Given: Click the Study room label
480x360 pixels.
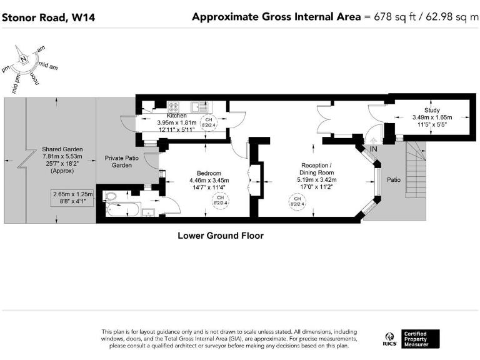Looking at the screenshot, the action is [432, 110].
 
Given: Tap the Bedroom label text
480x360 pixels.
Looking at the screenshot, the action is [209, 173].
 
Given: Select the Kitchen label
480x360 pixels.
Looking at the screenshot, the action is [177, 116].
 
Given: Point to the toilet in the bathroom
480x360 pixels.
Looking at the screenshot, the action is [110, 196].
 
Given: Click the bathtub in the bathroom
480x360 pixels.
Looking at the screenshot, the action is [123, 209].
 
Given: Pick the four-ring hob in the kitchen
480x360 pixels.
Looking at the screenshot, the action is [173, 107].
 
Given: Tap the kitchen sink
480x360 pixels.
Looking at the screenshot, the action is [199, 107].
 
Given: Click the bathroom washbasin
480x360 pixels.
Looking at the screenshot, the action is [149, 212].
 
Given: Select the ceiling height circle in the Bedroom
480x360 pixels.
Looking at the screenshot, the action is [221, 201].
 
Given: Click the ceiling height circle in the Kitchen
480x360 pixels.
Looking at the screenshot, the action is [209, 122].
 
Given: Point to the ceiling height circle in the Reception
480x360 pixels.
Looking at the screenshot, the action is [297, 201].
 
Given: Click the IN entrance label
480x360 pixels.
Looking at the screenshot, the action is [374, 149].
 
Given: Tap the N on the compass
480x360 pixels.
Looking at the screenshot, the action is [23, 59].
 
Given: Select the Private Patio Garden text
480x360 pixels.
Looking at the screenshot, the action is [121, 162].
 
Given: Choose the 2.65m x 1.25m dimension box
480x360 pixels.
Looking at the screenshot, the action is [72, 197].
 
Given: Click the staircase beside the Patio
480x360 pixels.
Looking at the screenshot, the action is [416, 170].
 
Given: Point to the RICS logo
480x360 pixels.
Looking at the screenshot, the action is [389, 339].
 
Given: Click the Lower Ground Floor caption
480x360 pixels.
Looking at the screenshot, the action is [221, 236].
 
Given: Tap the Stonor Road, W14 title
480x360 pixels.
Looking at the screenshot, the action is [48, 17].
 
